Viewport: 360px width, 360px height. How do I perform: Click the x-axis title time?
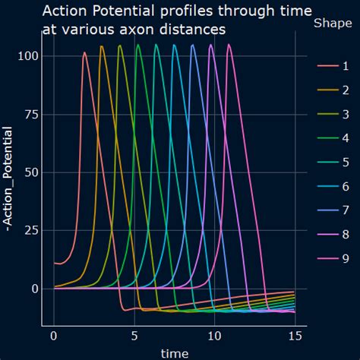point(175,352)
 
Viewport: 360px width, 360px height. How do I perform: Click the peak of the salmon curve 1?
point(84,52)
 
